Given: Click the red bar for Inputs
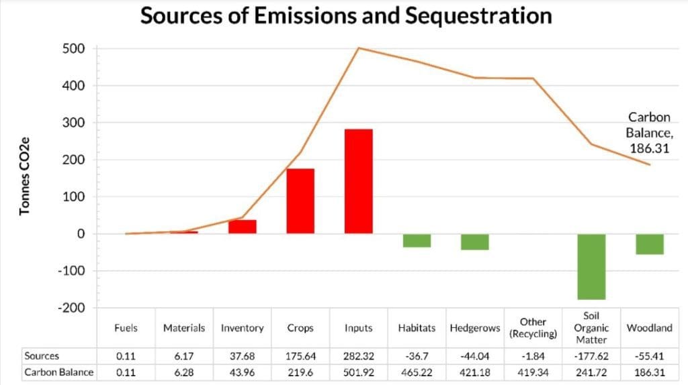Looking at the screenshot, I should tap(358, 181).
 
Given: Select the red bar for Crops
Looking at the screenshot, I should tap(300, 201).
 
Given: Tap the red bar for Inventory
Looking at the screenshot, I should tap(242, 227).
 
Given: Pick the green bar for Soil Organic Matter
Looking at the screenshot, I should tap(591, 266).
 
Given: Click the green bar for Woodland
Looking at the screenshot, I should tap(649, 244).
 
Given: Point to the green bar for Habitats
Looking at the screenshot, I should tap(417, 241).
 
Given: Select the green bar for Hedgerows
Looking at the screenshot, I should tap(474, 242).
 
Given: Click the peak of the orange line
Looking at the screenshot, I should tap(359, 48).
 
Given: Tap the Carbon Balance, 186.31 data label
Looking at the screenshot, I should tap(649, 132).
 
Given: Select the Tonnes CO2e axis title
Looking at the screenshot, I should tap(25, 177).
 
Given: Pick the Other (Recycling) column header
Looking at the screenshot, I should tap(533, 328).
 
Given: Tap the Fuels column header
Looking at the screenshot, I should tap(126, 328).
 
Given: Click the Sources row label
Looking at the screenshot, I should tap(42, 356).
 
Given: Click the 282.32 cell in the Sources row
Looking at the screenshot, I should tap(358, 356).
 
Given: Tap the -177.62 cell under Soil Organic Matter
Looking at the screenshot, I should tap(591, 356).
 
